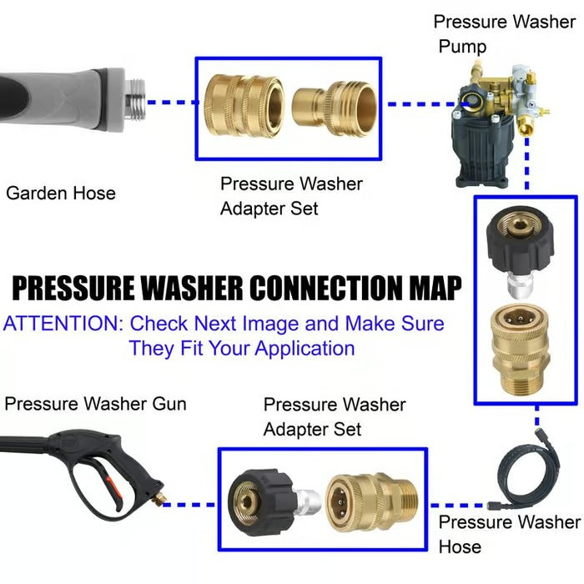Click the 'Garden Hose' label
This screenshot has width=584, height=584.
60,194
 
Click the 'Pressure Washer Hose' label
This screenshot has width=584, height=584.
509,534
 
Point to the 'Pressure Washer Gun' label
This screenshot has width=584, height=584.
95,405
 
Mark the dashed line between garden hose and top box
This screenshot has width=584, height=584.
172,103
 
